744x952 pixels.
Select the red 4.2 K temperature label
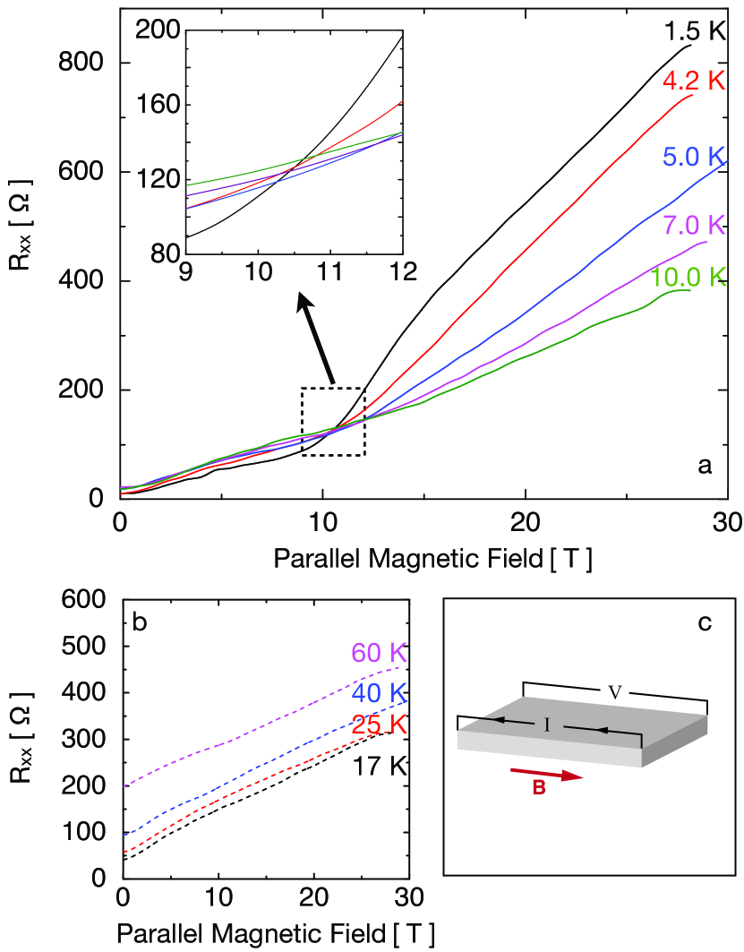693,81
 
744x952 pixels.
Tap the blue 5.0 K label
693,156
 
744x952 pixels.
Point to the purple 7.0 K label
693,226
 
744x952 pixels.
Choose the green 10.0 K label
687,277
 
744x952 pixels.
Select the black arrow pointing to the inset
317,339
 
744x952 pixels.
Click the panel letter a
705,466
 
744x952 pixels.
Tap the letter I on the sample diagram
547,725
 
